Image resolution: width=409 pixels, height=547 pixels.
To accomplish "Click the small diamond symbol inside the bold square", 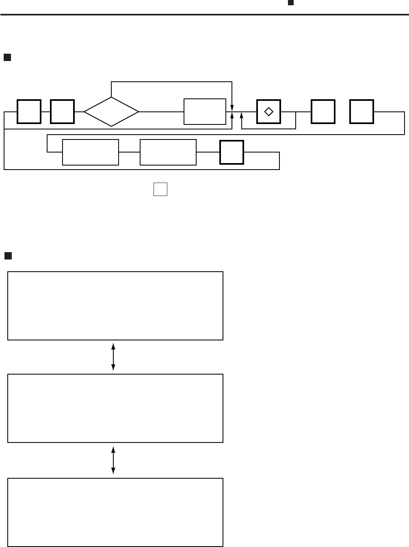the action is (x=268, y=111).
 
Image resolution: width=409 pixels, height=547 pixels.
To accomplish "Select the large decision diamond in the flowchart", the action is (x=111, y=111).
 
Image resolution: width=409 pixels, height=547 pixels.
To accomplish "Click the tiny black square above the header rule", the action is (x=290, y=2).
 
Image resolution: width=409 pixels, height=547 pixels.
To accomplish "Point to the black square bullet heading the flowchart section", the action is (x=7, y=57).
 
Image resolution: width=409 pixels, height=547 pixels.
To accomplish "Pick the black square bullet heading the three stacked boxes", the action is (x=8, y=256).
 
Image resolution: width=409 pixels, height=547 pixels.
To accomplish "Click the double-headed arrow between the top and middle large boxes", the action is (x=113, y=357).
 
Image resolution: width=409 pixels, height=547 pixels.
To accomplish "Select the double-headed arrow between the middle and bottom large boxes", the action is (x=113, y=460).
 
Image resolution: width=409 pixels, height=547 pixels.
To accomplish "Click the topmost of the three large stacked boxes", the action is (x=115, y=306).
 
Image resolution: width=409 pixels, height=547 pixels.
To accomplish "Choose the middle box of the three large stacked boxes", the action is (x=115, y=408).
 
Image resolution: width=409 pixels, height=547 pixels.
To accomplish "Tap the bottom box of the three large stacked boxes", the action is (x=115, y=512).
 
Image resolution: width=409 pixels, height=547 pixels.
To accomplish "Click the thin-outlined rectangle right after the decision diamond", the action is (x=205, y=111).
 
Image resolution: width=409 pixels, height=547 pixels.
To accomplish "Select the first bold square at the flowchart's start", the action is (x=29, y=111).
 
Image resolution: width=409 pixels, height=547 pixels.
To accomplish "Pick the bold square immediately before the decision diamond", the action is (x=62, y=111).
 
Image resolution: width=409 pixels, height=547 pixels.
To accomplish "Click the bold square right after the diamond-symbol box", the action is (x=323, y=111).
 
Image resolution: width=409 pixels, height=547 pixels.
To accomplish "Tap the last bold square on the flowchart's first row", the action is (x=362, y=111).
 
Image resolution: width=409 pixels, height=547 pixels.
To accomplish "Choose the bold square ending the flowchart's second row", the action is (x=232, y=152).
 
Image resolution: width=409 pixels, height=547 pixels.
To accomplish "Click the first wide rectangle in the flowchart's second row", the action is (x=91, y=153).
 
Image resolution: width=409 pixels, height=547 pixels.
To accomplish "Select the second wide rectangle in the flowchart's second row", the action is (x=168, y=153).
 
